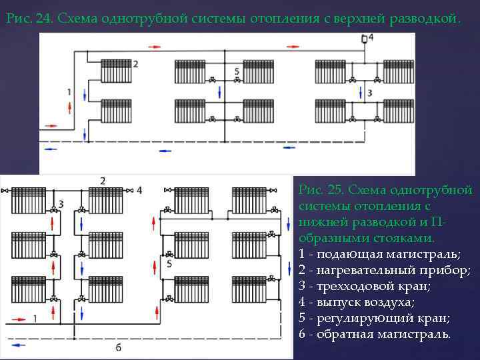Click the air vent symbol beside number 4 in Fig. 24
[364, 39]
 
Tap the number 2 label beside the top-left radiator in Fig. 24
[135, 63]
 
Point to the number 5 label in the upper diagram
[237, 71]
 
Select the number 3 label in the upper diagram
[370, 91]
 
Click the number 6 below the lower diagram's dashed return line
[119, 347]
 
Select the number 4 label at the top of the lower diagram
[139, 190]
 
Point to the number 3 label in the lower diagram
[61, 203]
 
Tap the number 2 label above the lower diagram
[103, 181]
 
